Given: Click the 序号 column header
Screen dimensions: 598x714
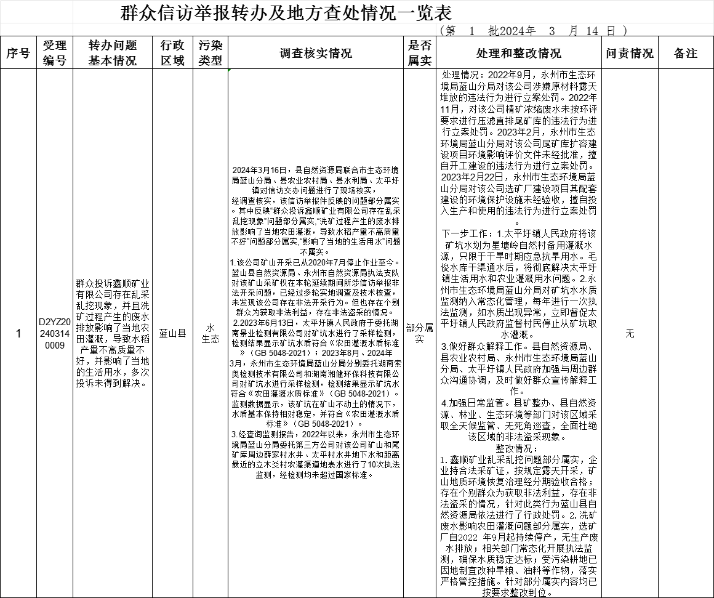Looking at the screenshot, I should pyautogui.click(x=18, y=54).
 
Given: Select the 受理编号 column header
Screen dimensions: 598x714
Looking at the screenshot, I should pyautogui.click(x=54, y=53).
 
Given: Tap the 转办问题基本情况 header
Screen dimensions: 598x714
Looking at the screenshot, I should pyautogui.click(x=113, y=53).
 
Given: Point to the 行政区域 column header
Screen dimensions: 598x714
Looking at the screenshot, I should pyautogui.click(x=172, y=53).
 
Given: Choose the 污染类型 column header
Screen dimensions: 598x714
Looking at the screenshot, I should pyautogui.click(x=211, y=53).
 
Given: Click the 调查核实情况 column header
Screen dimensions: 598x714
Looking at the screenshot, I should pyautogui.click(x=316, y=54).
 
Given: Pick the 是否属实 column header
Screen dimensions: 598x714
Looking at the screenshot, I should pyautogui.click(x=420, y=53).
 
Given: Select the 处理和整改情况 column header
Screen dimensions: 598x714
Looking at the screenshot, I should pyautogui.click(x=519, y=54).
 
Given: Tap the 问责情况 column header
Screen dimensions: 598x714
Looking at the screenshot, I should pyautogui.click(x=630, y=54).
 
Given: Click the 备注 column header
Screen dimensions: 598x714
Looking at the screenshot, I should pyautogui.click(x=686, y=54).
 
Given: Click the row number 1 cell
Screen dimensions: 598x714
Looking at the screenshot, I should pyautogui.click(x=18, y=333).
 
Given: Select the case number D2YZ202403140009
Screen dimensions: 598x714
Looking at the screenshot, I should pyautogui.click(x=54, y=333).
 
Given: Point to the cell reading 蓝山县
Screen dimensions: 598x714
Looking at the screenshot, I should pyautogui.click(x=172, y=333).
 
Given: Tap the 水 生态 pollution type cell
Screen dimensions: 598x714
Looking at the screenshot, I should pyautogui.click(x=211, y=333).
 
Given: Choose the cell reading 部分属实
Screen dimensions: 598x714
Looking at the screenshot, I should pyautogui.click(x=420, y=333).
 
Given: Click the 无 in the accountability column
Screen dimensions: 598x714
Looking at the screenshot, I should pyautogui.click(x=630, y=333).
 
